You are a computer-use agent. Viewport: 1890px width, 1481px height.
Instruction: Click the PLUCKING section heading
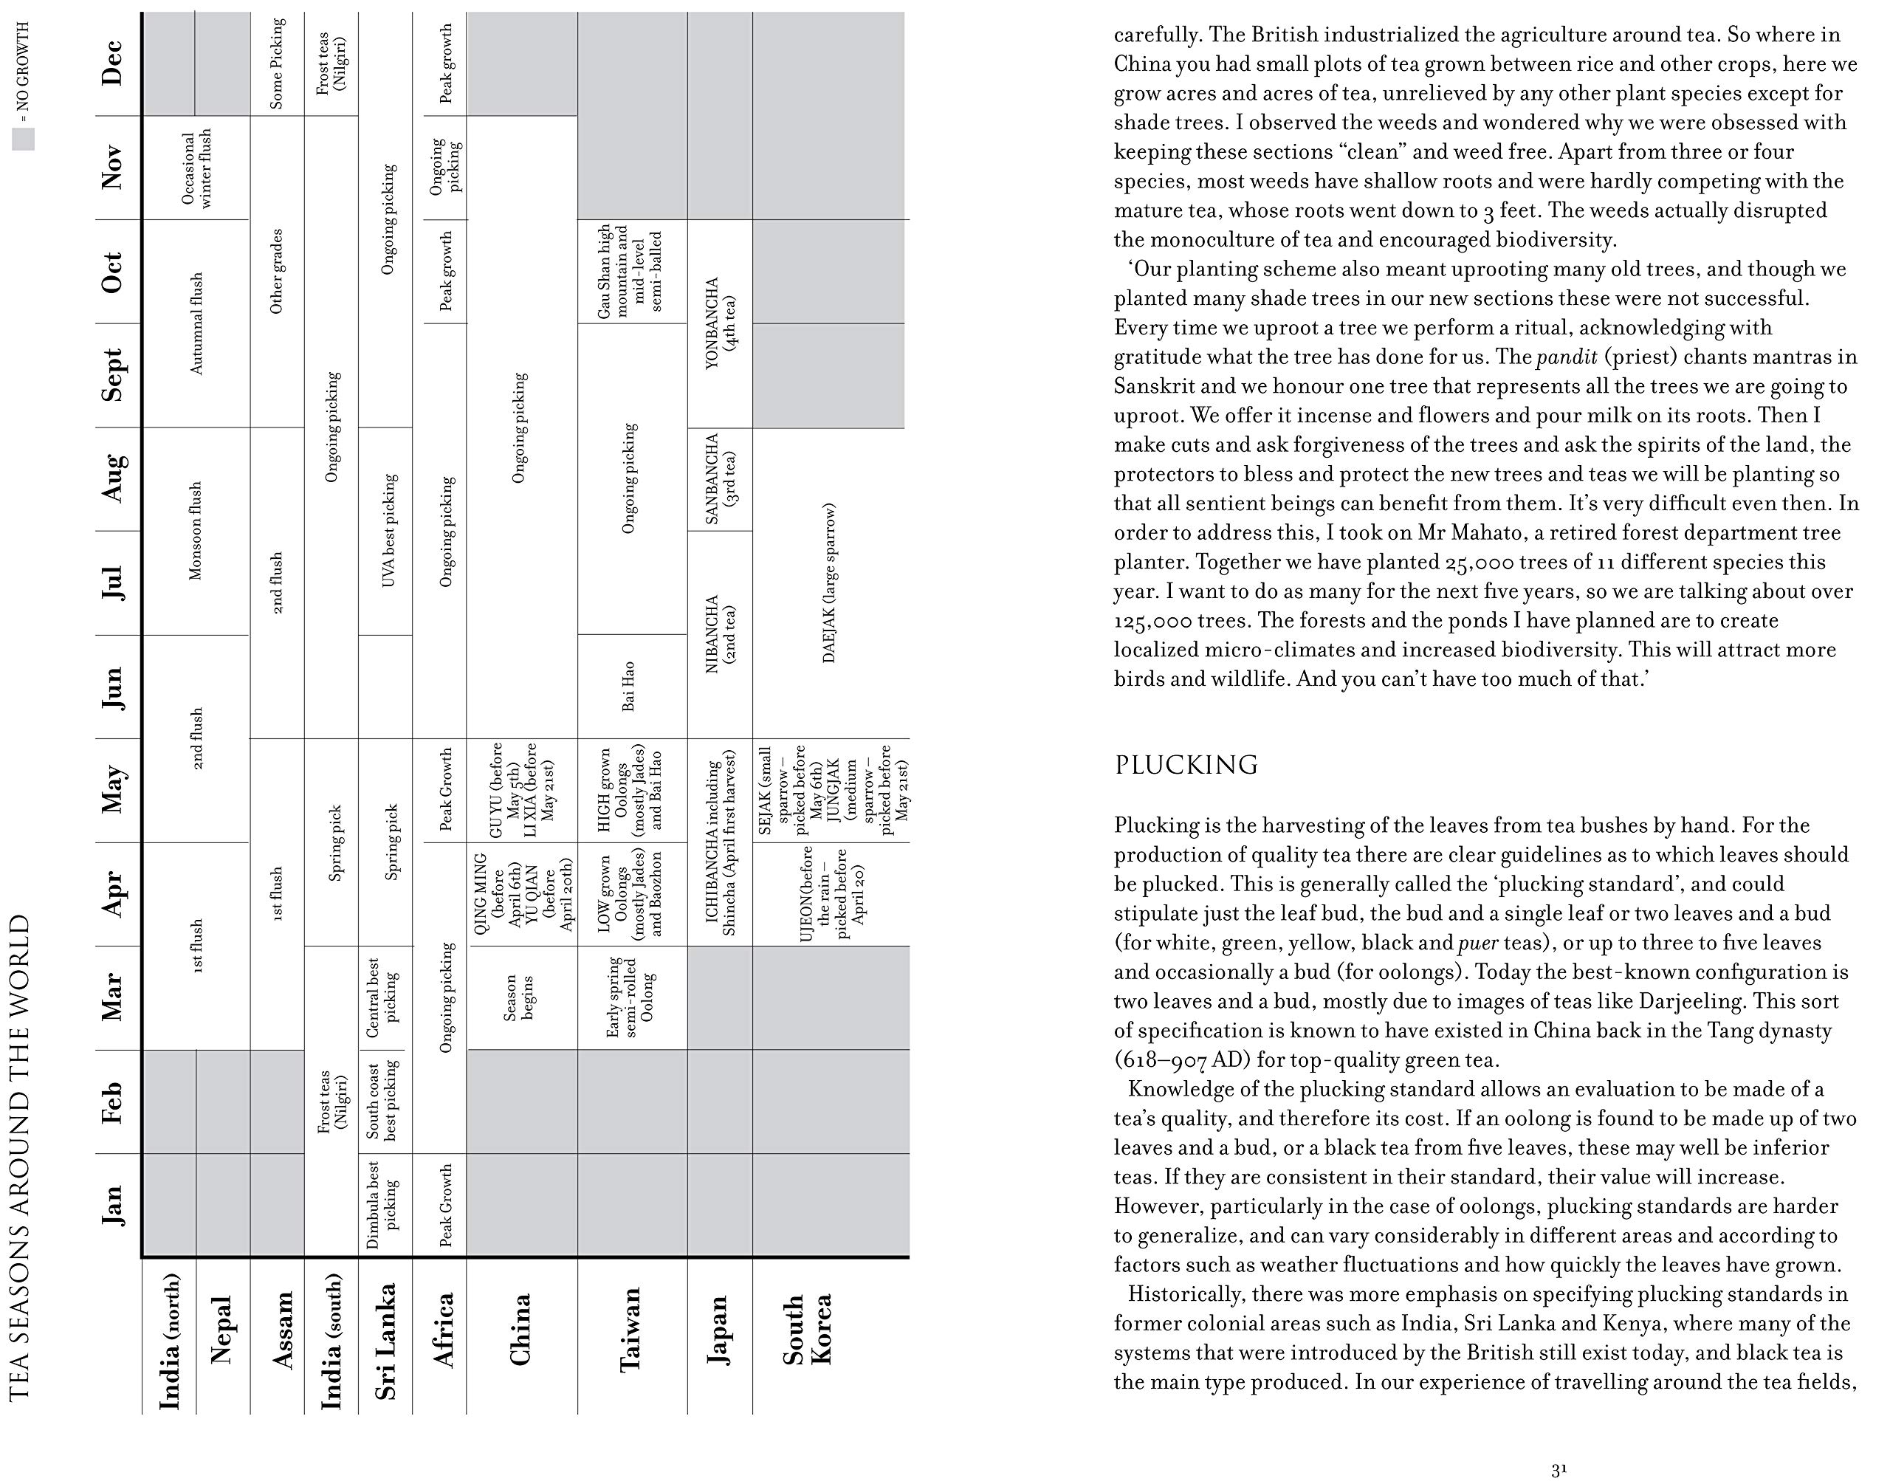click(x=1185, y=765)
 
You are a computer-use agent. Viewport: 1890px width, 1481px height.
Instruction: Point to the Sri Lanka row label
click(x=385, y=1341)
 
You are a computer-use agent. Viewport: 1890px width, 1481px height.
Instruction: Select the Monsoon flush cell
click(x=196, y=531)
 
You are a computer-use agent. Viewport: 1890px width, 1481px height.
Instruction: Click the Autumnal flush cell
click(x=196, y=323)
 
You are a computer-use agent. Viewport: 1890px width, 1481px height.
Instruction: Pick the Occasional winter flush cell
click(x=196, y=168)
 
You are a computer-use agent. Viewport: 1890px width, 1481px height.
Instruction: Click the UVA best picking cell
click(x=388, y=531)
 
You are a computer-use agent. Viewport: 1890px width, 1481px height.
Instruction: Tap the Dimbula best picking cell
click(x=383, y=1206)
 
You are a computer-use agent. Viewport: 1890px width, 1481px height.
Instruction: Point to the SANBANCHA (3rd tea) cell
click(x=720, y=478)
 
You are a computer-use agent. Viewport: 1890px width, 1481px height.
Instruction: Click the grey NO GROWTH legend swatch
click(x=24, y=139)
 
